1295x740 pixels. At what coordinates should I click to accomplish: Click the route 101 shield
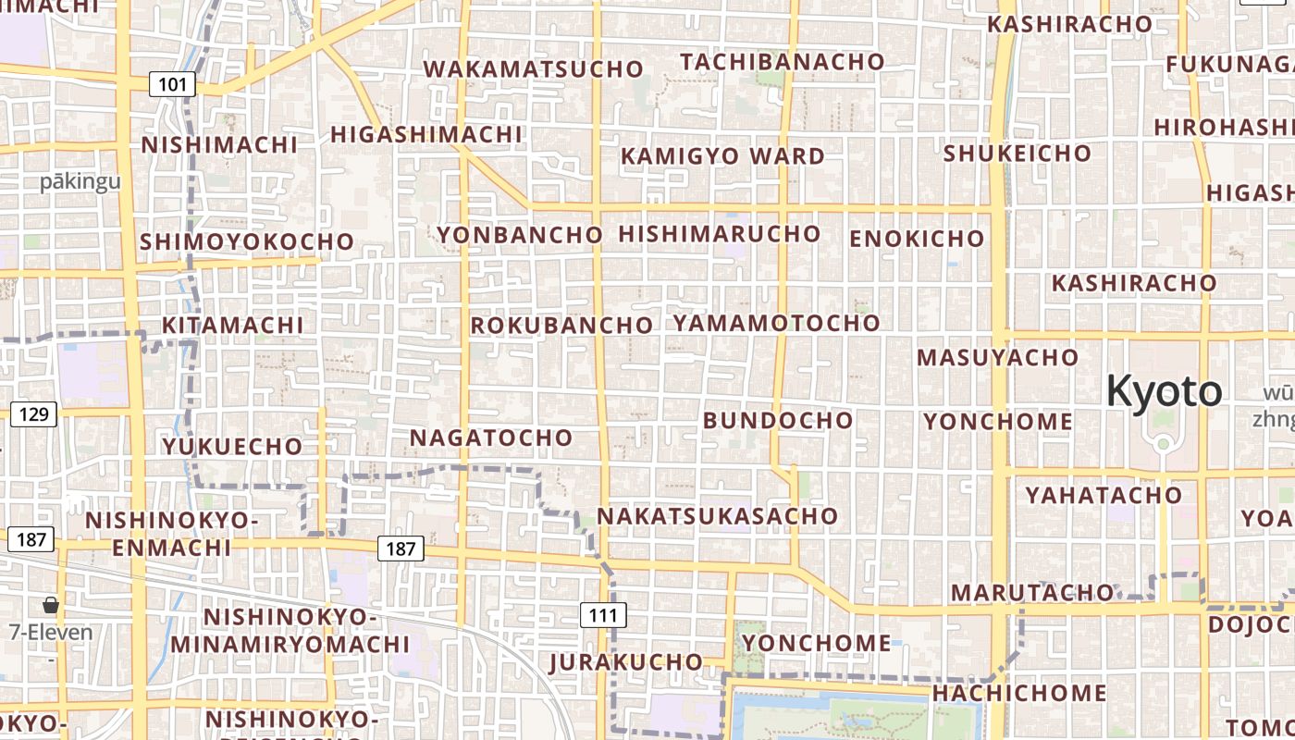172,85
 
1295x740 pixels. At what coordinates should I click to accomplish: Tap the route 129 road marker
33,413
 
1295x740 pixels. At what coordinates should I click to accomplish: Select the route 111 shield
603,614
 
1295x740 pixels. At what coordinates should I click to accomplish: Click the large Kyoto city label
1164,391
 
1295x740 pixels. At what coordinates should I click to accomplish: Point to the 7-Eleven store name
51,633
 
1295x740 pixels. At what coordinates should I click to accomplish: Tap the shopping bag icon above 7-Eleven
51,605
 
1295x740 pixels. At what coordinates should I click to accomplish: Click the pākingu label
80,181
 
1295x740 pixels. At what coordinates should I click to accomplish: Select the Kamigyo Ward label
722,156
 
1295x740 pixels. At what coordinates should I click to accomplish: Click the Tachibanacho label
783,62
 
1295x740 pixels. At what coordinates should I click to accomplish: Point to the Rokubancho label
561,326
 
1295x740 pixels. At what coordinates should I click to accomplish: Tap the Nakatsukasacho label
717,516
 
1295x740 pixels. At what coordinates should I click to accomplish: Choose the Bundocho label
778,421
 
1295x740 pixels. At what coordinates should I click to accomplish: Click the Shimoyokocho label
247,242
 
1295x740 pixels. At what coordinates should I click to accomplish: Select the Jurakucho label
625,662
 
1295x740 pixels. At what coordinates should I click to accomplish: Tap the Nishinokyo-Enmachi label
172,534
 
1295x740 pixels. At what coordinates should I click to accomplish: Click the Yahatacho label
1104,496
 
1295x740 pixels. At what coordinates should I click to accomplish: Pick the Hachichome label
1018,693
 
